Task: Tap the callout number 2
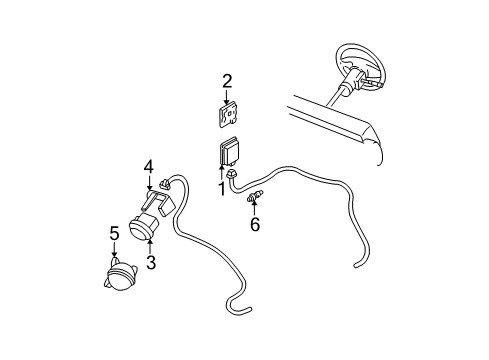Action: click(x=227, y=81)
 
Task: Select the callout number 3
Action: click(x=151, y=263)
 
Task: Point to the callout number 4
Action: click(x=148, y=166)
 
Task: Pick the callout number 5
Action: click(x=114, y=233)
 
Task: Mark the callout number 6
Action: click(x=255, y=224)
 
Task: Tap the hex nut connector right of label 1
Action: click(x=232, y=178)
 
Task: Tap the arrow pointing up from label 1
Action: click(x=222, y=174)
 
